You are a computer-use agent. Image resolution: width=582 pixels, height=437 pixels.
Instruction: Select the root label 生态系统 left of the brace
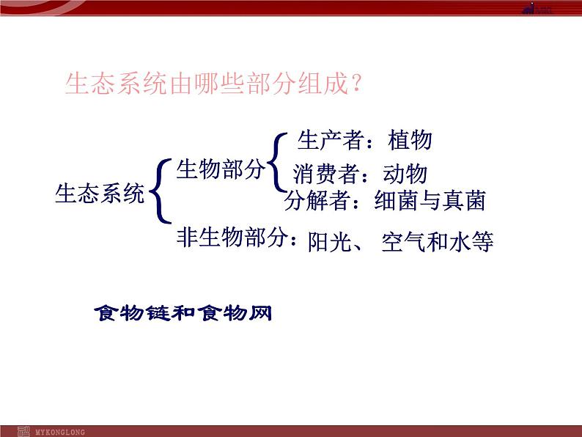coord(100,194)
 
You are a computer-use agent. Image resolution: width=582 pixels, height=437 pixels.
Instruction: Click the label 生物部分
coord(220,169)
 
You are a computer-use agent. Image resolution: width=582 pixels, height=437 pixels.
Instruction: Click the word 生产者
coord(330,140)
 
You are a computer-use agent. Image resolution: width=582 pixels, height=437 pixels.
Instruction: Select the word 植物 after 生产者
coord(410,140)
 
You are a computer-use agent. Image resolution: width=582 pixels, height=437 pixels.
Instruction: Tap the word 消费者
coord(326,175)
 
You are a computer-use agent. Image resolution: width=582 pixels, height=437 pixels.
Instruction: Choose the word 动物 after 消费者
coord(405,175)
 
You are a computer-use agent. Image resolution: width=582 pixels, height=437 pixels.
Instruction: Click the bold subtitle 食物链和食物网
coord(183,313)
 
